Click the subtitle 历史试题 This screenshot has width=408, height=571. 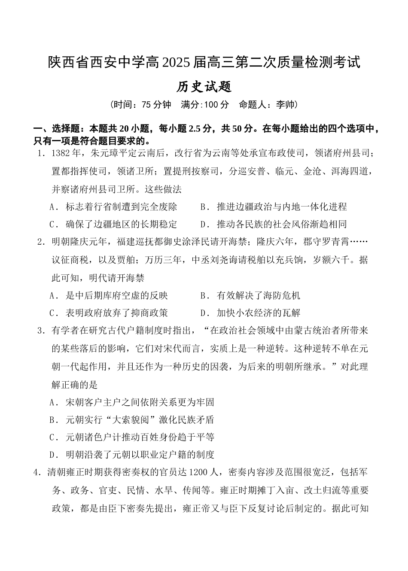204,87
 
